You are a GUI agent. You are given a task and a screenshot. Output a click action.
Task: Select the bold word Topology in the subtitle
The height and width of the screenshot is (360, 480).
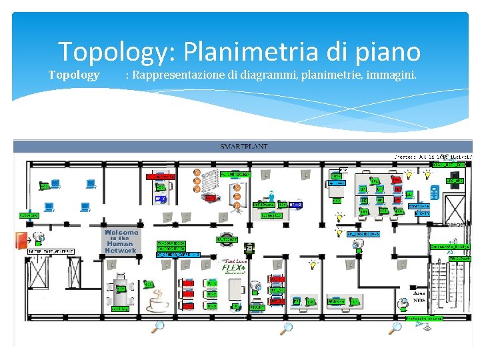click(x=74, y=75)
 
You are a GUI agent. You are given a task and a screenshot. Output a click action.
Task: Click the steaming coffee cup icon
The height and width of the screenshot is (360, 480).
click(x=159, y=304)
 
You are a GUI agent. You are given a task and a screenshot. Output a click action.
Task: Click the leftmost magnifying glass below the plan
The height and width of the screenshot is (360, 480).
click(x=158, y=327)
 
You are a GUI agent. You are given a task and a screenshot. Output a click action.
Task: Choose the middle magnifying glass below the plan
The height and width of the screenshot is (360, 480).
click(x=287, y=327)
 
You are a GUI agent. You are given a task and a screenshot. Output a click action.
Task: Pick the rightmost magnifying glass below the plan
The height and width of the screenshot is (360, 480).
click(x=396, y=327)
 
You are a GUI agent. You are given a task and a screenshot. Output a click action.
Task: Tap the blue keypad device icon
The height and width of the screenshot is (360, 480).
click(x=434, y=191)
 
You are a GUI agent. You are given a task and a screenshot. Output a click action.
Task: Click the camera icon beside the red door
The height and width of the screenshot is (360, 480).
click(x=40, y=237)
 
